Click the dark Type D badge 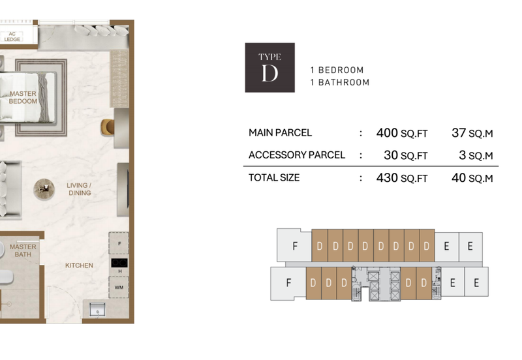pyautogui.click(x=269, y=68)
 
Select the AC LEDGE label pyautogui.click(x=12, y=37)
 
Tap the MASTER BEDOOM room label pyautogui.click(x=23, y=97)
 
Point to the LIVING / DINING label pyautogui.click(x=79, y=189)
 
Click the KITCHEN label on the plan pyautogui.click(x=79, y=265)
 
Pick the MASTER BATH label pyautogui.click(x=23, y=250)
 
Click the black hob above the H pyautogui.click(x=119, y=263)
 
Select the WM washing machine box pyautogui.click(x=119, y=288)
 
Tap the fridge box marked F pyautogui.click(x=119, y=243)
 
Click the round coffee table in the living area pyautogui.click(x=44, y=189)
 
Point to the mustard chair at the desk pyautogui.click(x=107, y=127)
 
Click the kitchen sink pyautogui.click(x=97, y=310)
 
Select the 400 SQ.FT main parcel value pyautogui.click(x=402, y=133)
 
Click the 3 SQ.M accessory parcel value pyautogui.click(x=476, y=155)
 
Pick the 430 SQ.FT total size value pyautogui.click(x=402, y=178)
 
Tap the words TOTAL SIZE pyautogui.click(x=274, y=177)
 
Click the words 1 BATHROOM pyautogui.click(x=340, y=83)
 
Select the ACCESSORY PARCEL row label pyautogui.click(x=297, y=155)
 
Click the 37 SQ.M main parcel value pyautogui.click(x=472, y=133)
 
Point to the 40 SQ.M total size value pyautogui.click(x=472, y=178)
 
